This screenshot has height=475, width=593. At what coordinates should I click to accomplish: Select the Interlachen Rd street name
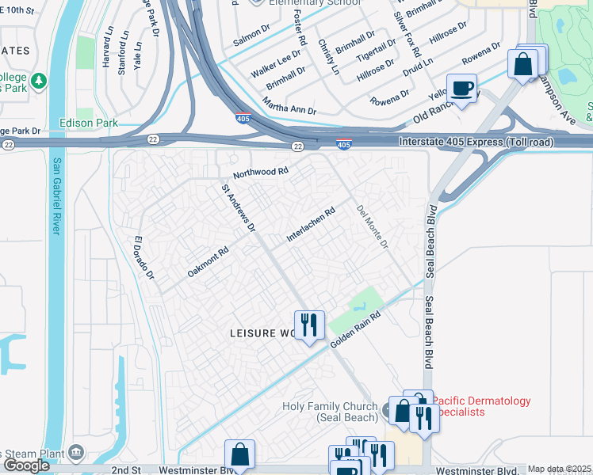(x=312, y=226)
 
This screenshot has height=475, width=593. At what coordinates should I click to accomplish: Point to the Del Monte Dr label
(x=373, y=227)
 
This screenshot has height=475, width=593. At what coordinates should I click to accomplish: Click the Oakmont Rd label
(x=208, y=260)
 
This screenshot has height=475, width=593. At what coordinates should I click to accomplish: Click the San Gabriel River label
(x=56, y=196)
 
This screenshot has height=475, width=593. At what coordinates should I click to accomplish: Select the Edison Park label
(x=89, y=123)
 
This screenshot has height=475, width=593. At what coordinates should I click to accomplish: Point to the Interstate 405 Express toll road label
(x=471, y=141)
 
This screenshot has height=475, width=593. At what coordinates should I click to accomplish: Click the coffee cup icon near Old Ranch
(x=461, y=87)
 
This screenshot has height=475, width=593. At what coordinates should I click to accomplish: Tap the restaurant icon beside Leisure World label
(x=309, y=324)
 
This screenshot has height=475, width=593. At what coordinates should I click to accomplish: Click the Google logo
(x=26, y=465)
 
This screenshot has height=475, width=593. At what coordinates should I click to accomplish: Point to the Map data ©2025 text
(x=559, y=469)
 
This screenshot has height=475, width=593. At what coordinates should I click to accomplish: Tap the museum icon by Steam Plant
(x=76, y=453)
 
